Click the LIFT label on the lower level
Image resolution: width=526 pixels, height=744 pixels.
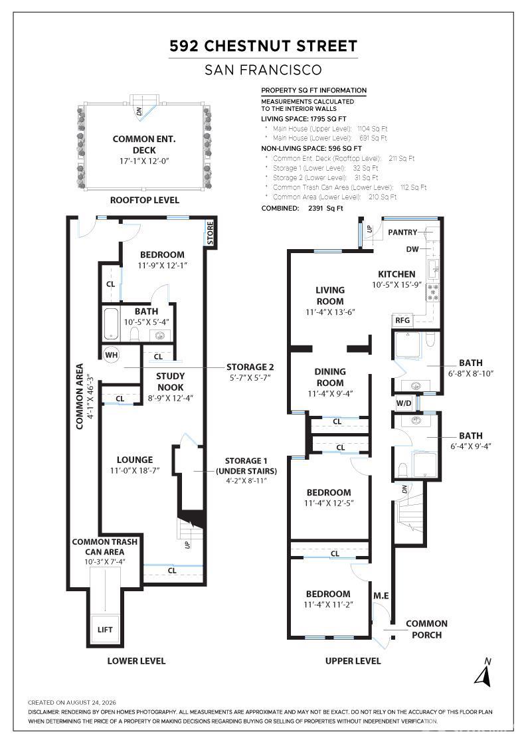[x=105, y=630]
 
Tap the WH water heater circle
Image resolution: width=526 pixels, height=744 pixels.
[x=112, y=355]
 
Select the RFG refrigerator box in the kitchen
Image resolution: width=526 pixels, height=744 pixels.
[x=402, y=320]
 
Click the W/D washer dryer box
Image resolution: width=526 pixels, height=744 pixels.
[x=404, y=403]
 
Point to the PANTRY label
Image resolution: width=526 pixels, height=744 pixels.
[x=402, y=232]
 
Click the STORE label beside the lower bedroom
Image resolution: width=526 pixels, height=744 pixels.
[x=210, y=233]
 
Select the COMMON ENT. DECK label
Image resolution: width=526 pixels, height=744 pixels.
[x=144, y=144]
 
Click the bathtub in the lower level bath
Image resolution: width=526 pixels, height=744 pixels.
[x=110, y=324]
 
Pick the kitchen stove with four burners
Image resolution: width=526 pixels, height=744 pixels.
[x=432, y=292]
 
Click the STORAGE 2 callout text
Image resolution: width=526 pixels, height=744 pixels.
[x=250, y=367]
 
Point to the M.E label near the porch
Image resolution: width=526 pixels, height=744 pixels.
[x=381, y=595]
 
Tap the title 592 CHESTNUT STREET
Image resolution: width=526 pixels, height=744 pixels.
[x=263, y=46]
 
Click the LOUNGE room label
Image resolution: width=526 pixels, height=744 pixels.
[x=135, y=459]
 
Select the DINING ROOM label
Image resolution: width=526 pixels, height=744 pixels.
[x=330, y=377]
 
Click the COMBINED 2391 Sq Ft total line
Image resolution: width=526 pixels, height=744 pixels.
[x=302, y=208]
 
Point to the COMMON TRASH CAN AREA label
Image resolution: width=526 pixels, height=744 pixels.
[x=104, y=547]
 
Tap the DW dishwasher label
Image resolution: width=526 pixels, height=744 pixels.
[x=412, y=249]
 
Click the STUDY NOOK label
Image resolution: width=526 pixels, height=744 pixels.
[x=170, y=381]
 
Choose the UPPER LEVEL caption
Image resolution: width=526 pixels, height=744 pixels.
[x=353, y=660]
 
